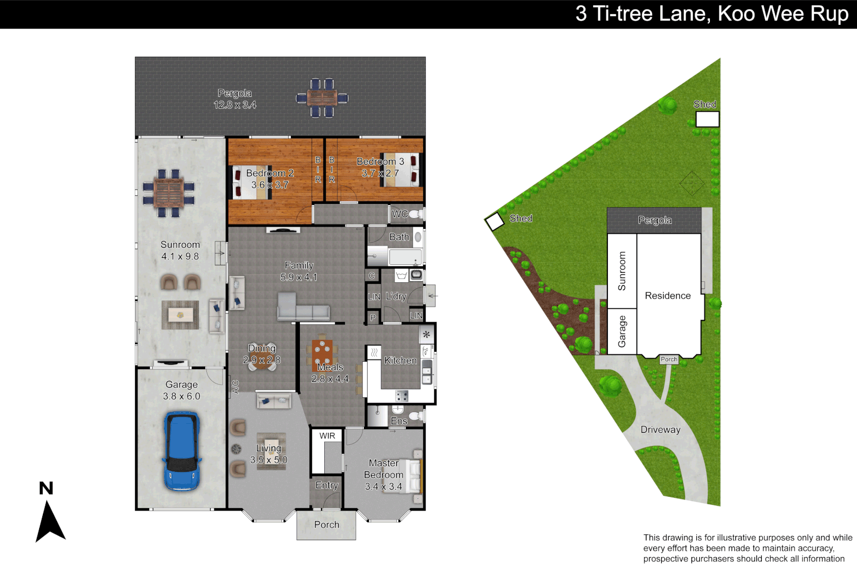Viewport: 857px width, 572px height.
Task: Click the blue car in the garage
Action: point(182,452)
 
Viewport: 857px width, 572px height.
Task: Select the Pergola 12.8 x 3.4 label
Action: point(235,99)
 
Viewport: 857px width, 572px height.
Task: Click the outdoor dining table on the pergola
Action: point(322,98)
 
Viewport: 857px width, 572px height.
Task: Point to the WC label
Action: point(399,214)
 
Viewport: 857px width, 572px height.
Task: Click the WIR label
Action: point(327,436)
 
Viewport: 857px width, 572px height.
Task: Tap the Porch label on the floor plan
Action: point(326,525)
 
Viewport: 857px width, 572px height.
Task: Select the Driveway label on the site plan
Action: point(660,430)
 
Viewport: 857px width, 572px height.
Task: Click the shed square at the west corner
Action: point(495,221)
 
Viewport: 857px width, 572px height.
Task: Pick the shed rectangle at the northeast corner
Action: point(707,119)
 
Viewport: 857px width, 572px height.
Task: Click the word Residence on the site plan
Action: point(668,296)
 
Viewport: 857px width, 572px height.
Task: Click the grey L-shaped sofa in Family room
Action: point(303,307)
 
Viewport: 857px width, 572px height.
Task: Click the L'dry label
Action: point(396,296)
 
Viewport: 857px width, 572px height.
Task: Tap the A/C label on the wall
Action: point(235,387)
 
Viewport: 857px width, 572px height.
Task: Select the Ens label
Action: point(399,421)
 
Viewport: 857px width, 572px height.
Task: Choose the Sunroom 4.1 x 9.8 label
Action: point(180,251)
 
